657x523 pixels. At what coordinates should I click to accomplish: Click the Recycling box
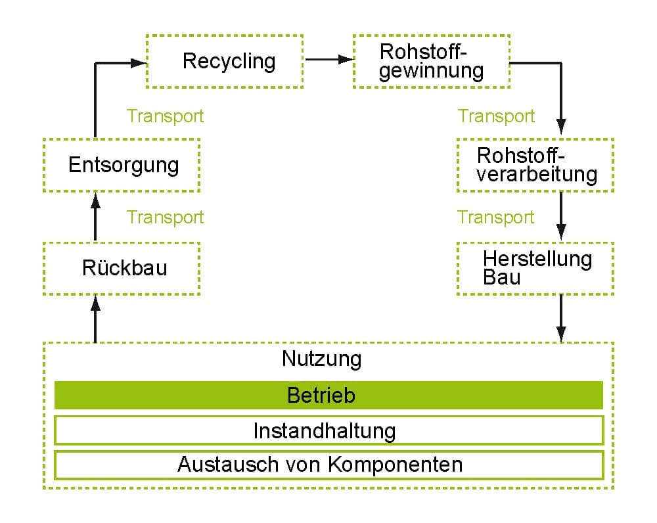pos(224,61)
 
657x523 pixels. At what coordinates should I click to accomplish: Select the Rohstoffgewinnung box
pos(431,61)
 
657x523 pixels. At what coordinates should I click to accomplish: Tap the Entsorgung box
pos(122,164)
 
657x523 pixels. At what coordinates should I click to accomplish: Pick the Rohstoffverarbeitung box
pos(535,165)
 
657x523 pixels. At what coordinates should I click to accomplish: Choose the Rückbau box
pos(122,268)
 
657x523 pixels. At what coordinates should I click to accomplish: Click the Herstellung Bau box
pos(535,268)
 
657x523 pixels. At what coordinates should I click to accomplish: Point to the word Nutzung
pos(322,359)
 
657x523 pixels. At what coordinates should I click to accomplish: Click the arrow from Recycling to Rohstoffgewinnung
pos(328,60)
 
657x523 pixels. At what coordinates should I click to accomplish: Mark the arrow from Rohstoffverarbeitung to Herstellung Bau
pos(560,217)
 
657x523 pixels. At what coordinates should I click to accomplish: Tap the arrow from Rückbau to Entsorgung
pos(95,217)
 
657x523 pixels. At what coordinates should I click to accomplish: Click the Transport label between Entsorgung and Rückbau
pos(166,217)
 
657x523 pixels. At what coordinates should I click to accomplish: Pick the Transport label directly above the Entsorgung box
pos(166,116)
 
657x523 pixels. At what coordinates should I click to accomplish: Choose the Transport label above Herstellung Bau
pos(496,217)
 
